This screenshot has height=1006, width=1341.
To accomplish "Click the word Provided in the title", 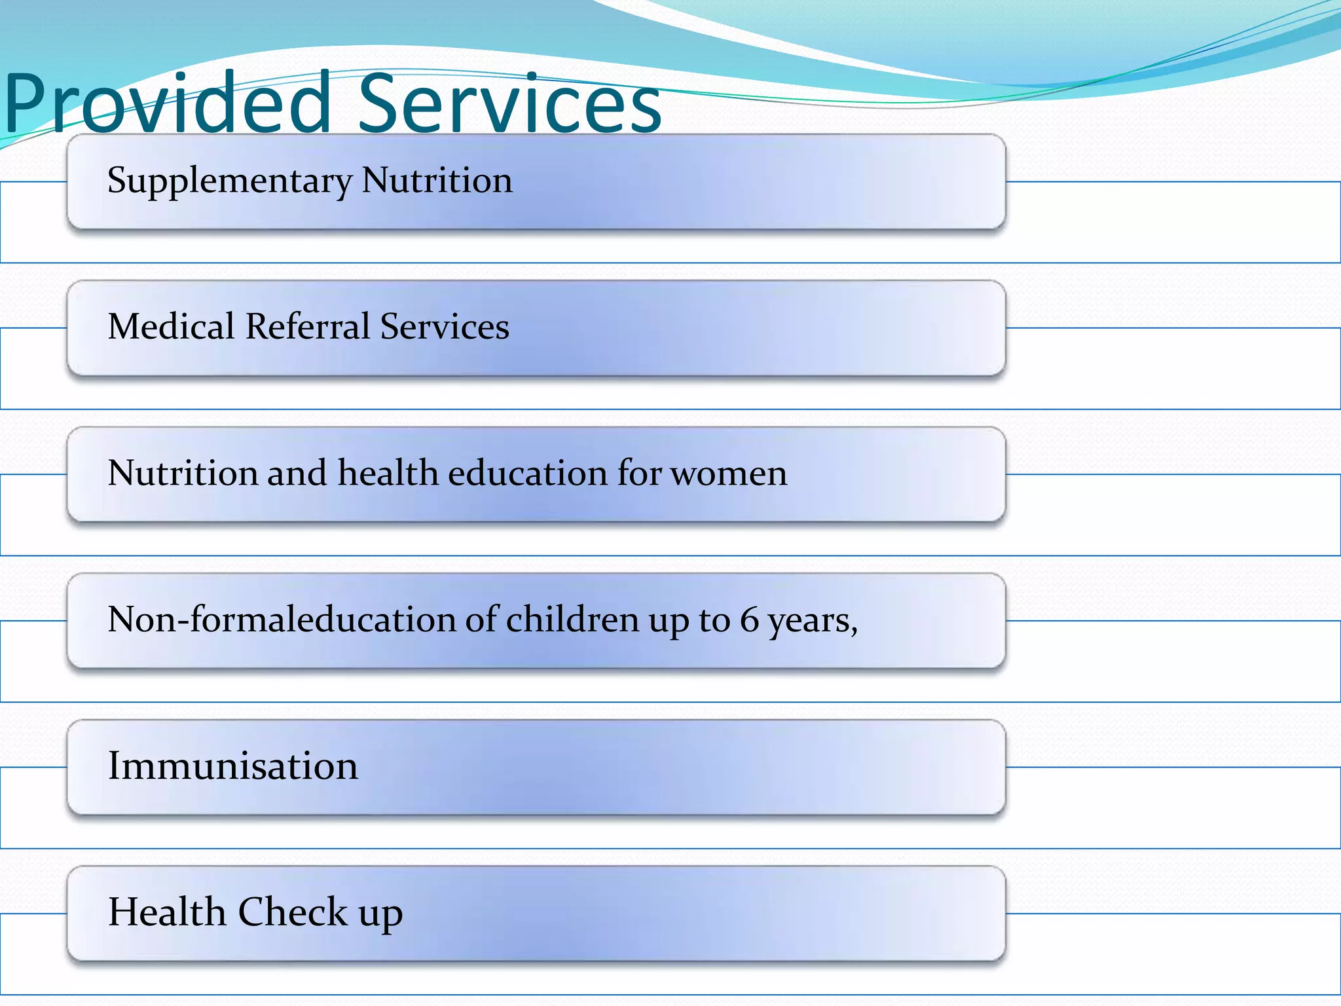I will click(168, 103).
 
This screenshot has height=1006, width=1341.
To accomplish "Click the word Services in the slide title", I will click(509, 103).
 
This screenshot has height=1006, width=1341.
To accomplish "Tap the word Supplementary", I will click(229, 181).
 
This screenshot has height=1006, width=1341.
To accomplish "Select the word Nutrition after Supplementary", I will click(437, 180).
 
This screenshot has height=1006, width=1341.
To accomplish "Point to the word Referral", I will click(308, 326).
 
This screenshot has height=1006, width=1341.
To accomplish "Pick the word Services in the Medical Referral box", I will click(445, 326).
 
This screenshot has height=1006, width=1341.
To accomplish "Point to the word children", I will click(572, 620).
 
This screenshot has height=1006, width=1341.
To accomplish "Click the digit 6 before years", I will click(749, 620).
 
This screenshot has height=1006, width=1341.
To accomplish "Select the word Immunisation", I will click(233, 766).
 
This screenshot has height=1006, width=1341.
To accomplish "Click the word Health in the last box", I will click(167, 912).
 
